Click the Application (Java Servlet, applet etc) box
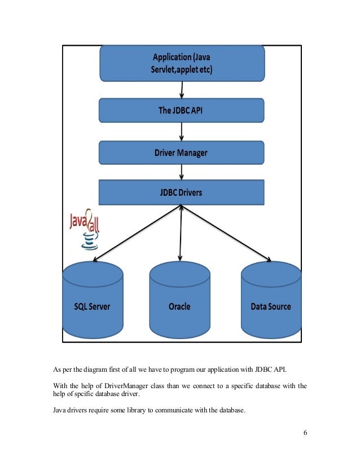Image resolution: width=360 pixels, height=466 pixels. [182, 63]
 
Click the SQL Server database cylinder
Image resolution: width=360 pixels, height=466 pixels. [93, 299]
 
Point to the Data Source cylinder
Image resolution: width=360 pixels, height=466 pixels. [271, 299]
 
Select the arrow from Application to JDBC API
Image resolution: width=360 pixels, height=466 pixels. [182, 89]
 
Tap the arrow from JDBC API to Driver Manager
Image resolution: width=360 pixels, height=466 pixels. [182, 131]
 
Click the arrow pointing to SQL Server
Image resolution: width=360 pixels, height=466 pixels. [135, 233]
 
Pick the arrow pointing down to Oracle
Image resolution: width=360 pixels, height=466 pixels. [181, 232]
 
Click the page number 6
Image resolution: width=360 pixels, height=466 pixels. [305, 433]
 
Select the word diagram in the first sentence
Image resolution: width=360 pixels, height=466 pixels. [93, 370]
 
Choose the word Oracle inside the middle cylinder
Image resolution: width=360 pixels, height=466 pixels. [179, 307]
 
